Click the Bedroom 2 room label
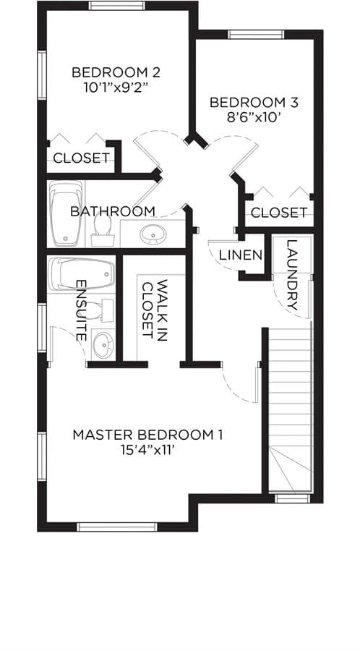116,72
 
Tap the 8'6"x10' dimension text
254,118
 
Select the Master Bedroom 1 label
147,435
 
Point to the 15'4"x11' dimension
147,451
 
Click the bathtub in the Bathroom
66,213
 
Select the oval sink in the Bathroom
153,235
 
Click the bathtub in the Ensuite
81,274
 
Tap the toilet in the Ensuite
100,311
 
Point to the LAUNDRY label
292,275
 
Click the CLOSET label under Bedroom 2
82,158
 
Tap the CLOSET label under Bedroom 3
279,213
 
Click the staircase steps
290,410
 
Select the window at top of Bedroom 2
117,5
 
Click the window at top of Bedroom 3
257,35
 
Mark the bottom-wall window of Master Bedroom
117,527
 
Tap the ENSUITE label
82,310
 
